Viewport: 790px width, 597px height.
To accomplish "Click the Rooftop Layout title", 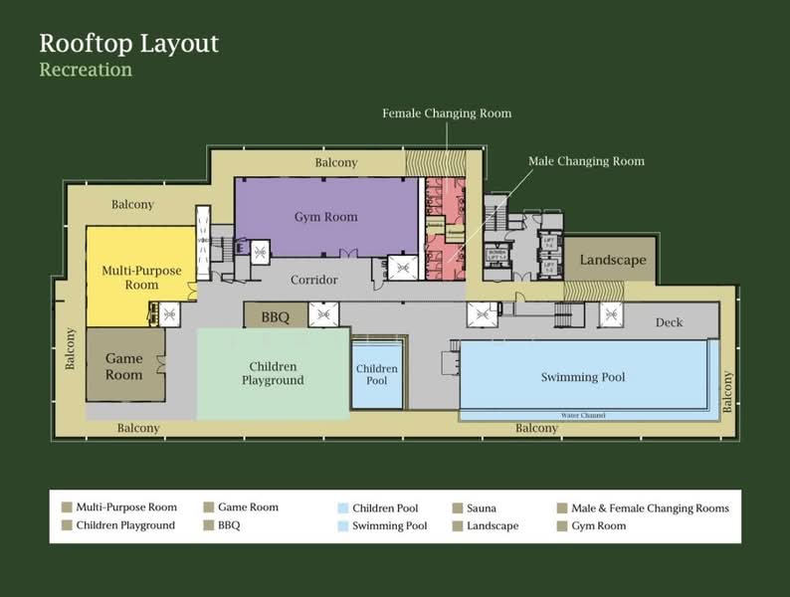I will coord(128,44).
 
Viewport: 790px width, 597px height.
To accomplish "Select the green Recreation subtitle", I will coord(86,70).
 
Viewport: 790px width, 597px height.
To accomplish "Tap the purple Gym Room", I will coord(325,217).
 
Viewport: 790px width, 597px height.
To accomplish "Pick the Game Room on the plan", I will coord(124,366).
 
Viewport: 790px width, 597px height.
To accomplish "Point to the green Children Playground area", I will coord(272,374).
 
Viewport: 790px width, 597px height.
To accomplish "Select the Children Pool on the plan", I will coord(377,375).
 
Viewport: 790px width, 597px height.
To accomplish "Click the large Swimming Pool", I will coord(583,377).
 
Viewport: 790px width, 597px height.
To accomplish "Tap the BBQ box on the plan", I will coord(275,317).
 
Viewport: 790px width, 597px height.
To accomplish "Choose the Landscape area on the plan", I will coord(612,261).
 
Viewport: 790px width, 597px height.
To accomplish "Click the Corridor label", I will coord(313,281).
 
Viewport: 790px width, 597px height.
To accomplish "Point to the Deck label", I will coord(669,322).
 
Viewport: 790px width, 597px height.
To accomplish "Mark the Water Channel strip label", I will coord(583,415).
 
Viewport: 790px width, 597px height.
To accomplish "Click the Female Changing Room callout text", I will coord(447,113).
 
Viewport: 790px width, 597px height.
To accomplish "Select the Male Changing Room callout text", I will coord(586,161).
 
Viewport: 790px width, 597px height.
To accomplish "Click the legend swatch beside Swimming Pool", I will coord(343,525).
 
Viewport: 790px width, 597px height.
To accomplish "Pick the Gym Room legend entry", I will coord(598,525).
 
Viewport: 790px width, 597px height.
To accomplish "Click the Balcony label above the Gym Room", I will coord(335,162).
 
